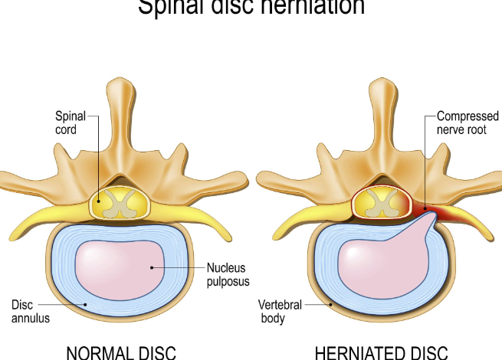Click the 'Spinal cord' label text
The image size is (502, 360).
coord(70,123)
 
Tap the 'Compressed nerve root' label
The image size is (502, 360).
coord(467,123)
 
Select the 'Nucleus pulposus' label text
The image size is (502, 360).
coord(227,274)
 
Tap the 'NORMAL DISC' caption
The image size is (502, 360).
coord(121,353)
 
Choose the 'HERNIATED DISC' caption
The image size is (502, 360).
coord(381,353)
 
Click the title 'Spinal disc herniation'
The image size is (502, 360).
coord(251,8)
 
